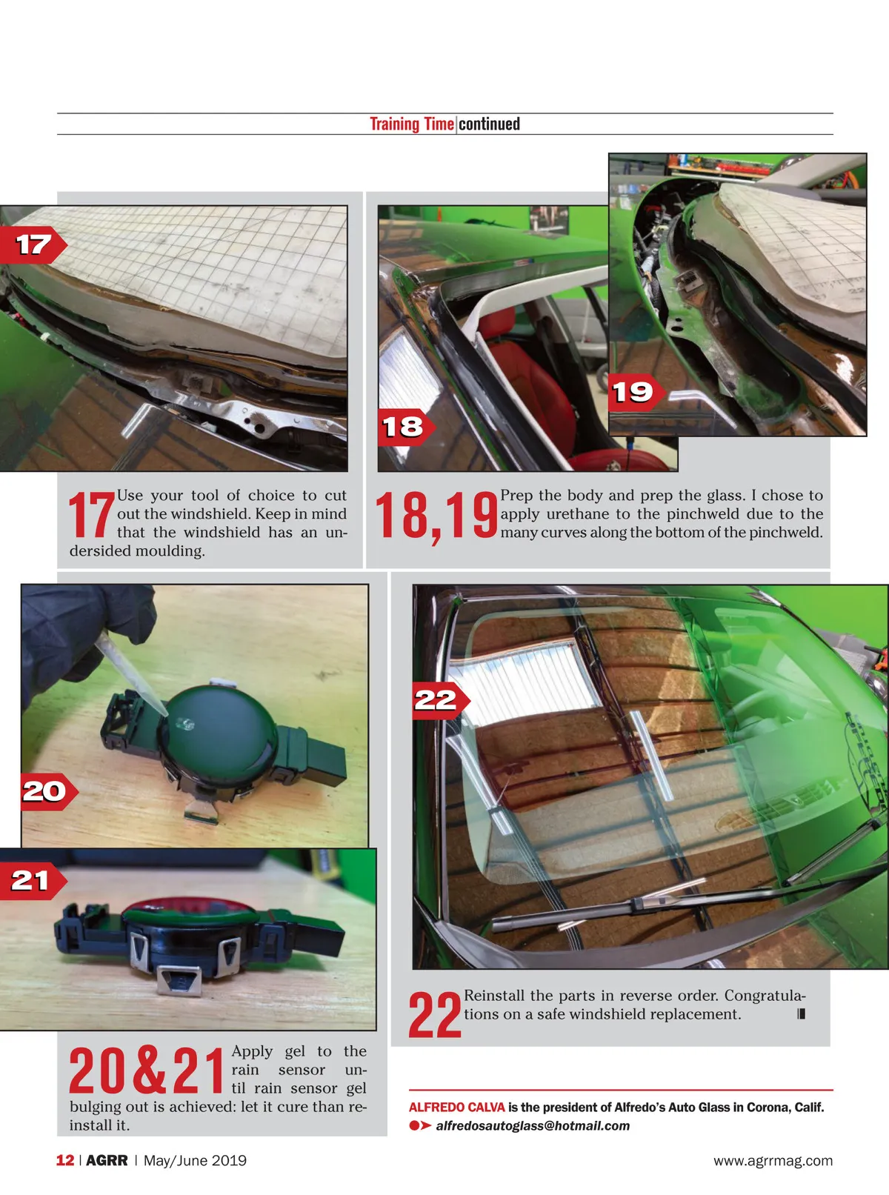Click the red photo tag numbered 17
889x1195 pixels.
[33, 245]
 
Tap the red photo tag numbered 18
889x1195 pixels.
[406, 427]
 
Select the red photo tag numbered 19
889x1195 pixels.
[636, 392]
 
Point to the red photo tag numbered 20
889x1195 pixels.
[48, 791]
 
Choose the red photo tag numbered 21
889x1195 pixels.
[33, 881]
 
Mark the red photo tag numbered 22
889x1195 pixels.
[441, 700]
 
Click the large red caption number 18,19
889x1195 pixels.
[436, 516]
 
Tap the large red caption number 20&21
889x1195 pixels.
[146, 1070]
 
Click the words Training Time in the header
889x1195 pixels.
[412, 124]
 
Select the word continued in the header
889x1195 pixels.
[489, 124]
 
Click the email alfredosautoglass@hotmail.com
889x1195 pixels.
[533, 1125]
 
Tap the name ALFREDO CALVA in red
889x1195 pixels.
[457, 1107]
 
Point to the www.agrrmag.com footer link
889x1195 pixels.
[773, 1160]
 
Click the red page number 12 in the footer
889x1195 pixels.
[64, 1160]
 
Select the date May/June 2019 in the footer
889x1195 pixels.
[195, 1160]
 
